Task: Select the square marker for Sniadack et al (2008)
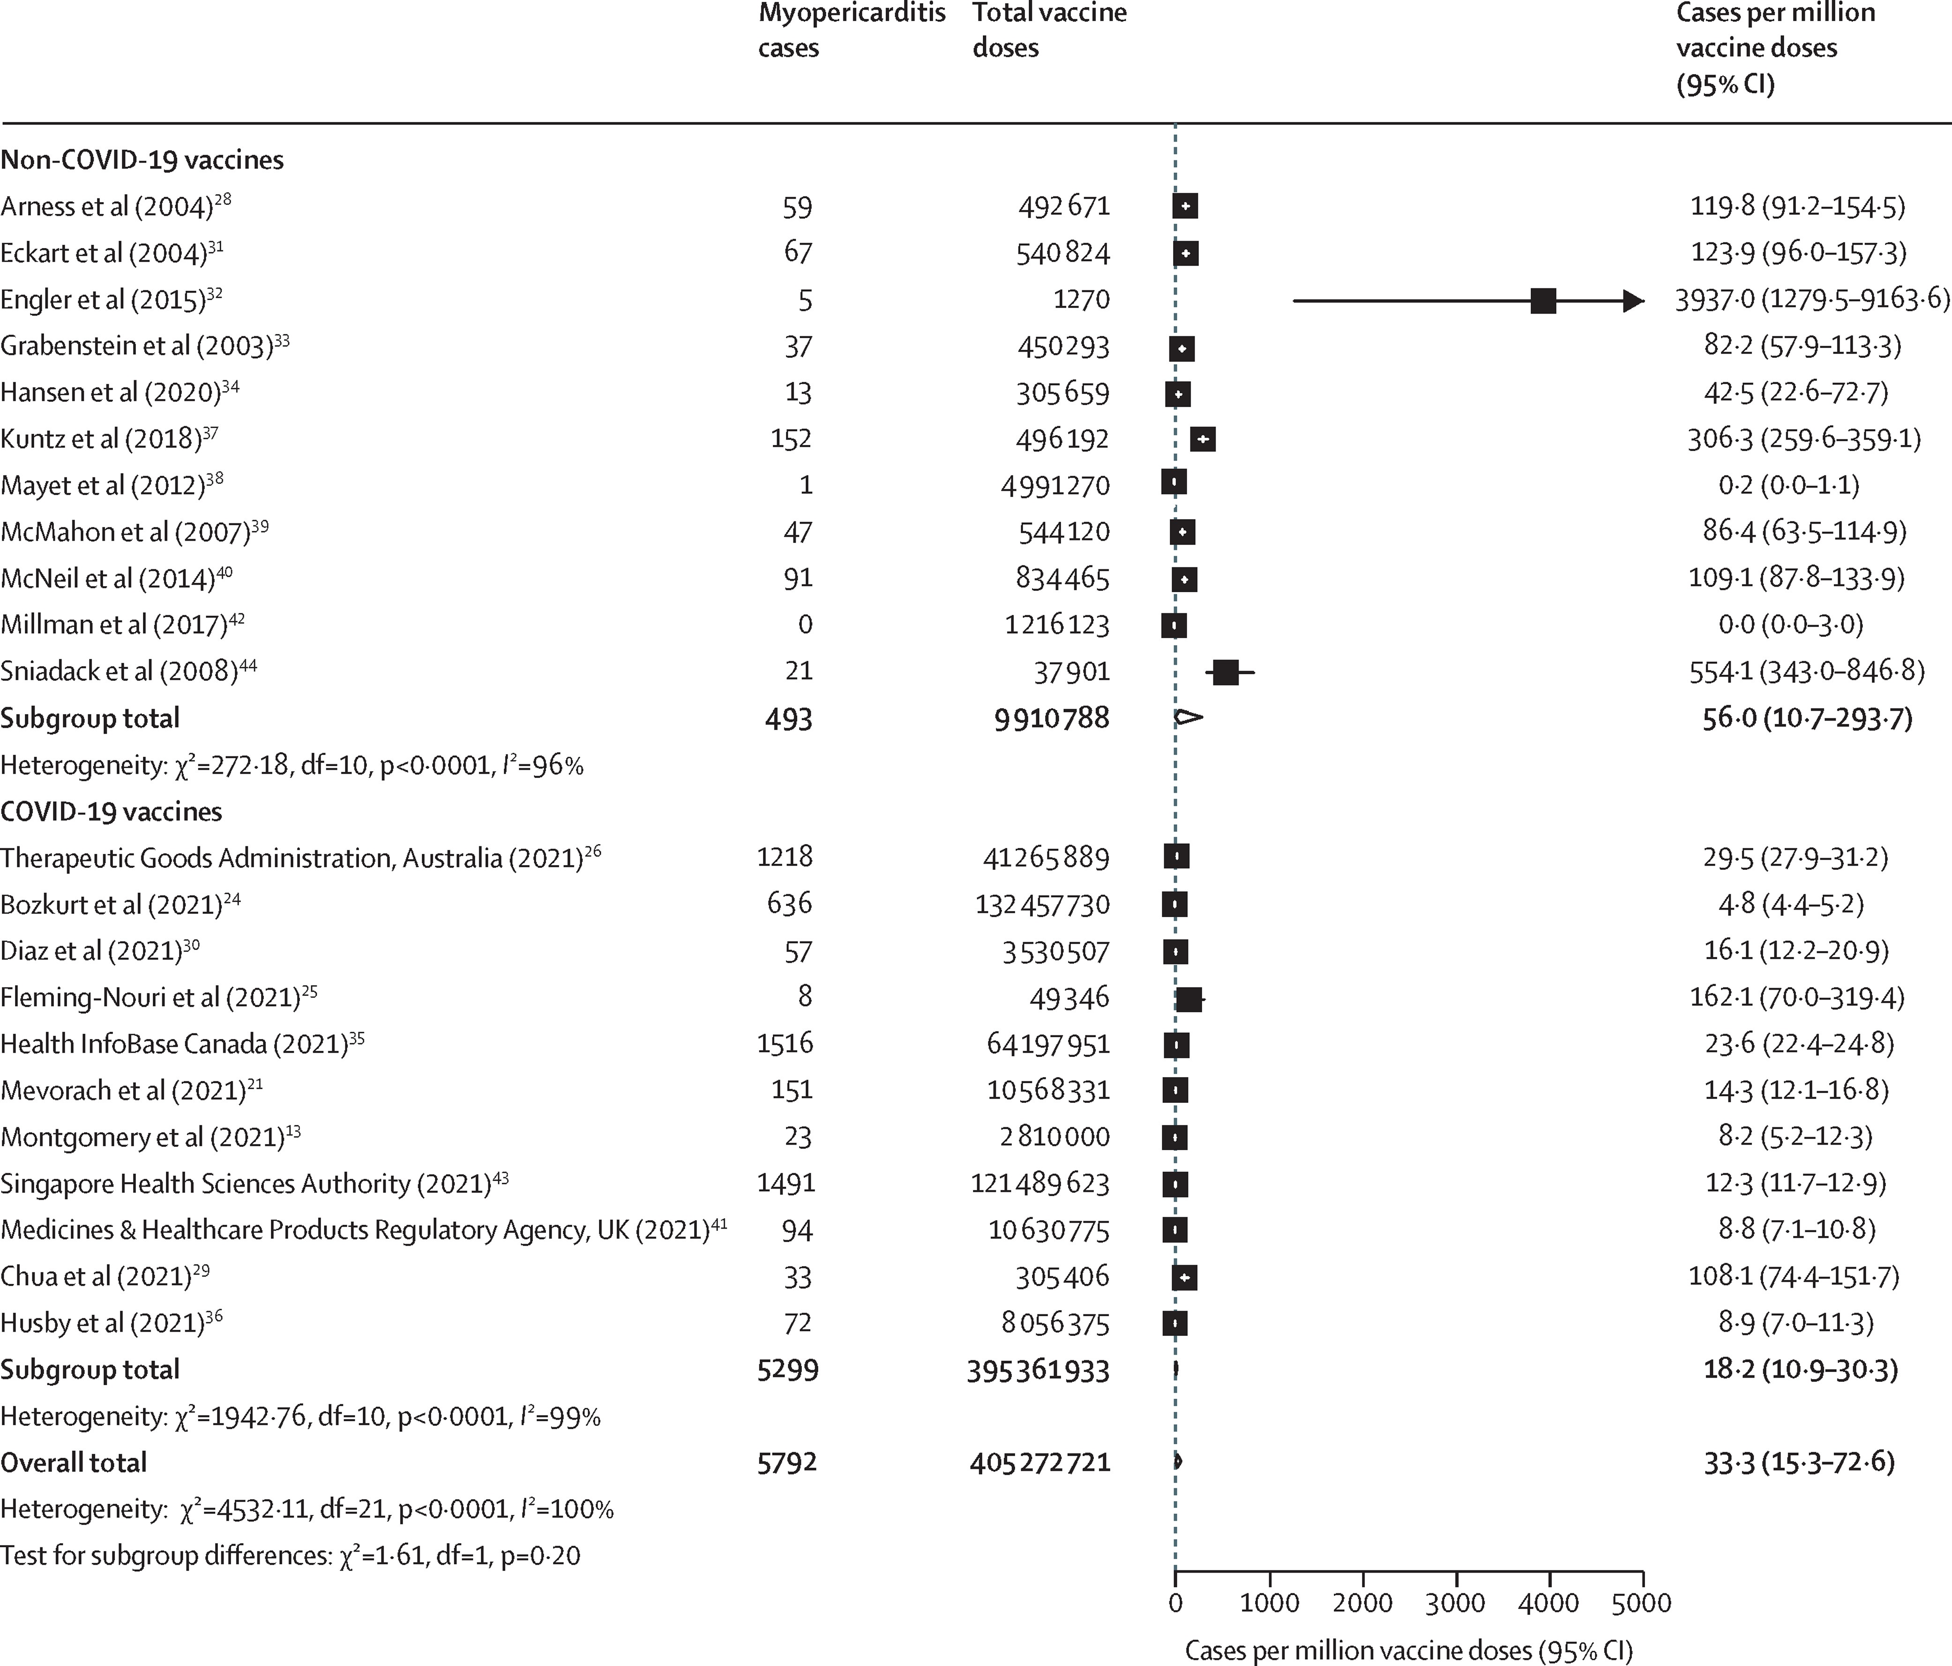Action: tap(1226, 672)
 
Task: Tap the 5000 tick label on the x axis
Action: tap(1642, 1603)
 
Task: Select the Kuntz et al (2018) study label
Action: tap(102, 438)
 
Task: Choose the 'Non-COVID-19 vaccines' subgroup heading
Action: tap(142, 159)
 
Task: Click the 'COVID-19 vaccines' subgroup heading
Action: tap(111, 811)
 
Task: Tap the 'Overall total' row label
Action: tap(74, 1462)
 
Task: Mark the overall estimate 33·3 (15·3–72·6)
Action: tap(1798, 1462)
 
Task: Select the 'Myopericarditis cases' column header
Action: tap(851, 31)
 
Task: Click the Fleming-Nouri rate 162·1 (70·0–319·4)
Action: tap(1796, 997)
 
